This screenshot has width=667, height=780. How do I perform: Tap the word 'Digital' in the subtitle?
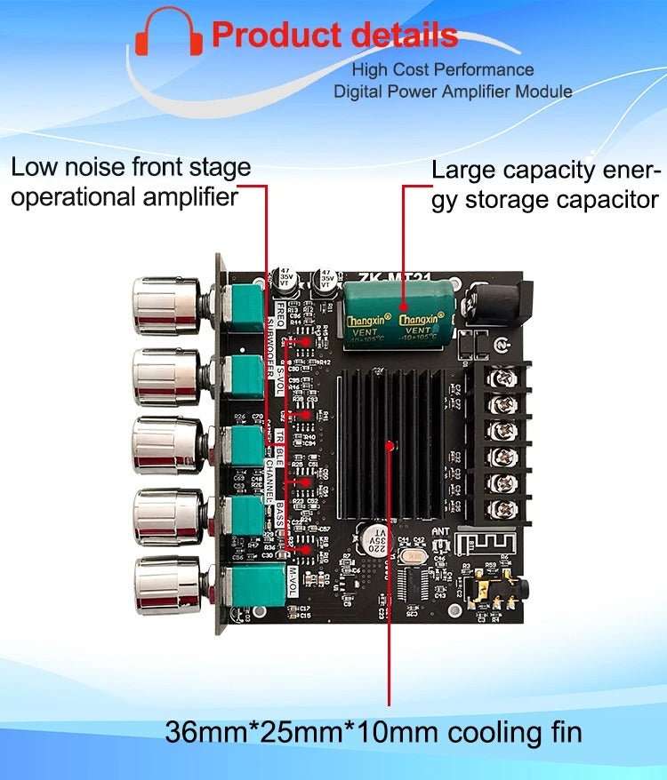358,91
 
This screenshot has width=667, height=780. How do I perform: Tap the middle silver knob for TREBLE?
167,444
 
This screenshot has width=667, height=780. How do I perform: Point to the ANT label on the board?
442,531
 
